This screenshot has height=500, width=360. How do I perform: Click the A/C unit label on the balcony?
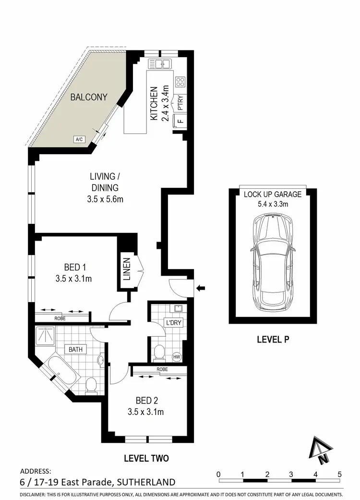click(x=79, y=139)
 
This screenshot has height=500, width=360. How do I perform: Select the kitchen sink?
click(x=160, y=63)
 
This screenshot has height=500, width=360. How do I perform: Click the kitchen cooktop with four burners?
click(x=180, y=82)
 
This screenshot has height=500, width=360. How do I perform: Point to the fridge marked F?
click(x=180, y=120)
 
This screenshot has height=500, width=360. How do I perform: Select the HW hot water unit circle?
click(x=176, y=357)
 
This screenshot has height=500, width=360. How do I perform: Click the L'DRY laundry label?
click(x=173, y=322)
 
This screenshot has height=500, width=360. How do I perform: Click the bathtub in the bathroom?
click(x=61, y=373)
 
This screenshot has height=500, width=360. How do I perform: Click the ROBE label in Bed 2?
click(x=162, y=370)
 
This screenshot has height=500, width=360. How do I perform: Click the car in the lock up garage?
click(x=272, y=262)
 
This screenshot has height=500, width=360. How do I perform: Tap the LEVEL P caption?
click(x=272, y=339)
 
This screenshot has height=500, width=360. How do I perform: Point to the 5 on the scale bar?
click(x=340, y=474)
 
